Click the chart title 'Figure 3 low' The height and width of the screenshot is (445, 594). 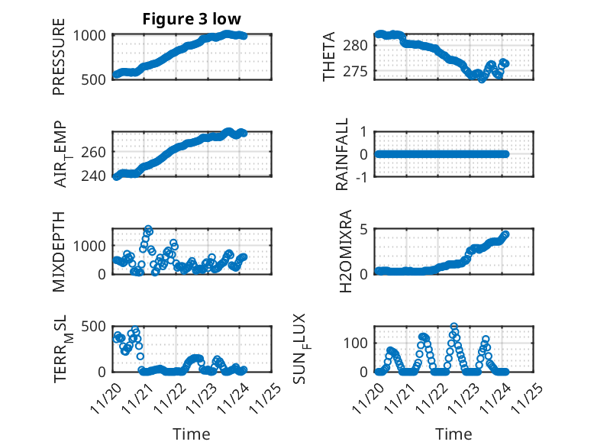(x=192, y=19)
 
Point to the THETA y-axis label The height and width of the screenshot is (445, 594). (x=329, y=56)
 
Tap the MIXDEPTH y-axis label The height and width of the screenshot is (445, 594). (x=60, y=251)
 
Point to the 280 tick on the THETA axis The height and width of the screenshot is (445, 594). (x=360, y=45)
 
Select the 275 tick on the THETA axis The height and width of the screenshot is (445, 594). (x=360, y=71)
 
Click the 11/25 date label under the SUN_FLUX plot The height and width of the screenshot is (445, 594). (x=531, y=397)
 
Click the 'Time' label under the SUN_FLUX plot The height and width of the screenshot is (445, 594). (x=454, y=434)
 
